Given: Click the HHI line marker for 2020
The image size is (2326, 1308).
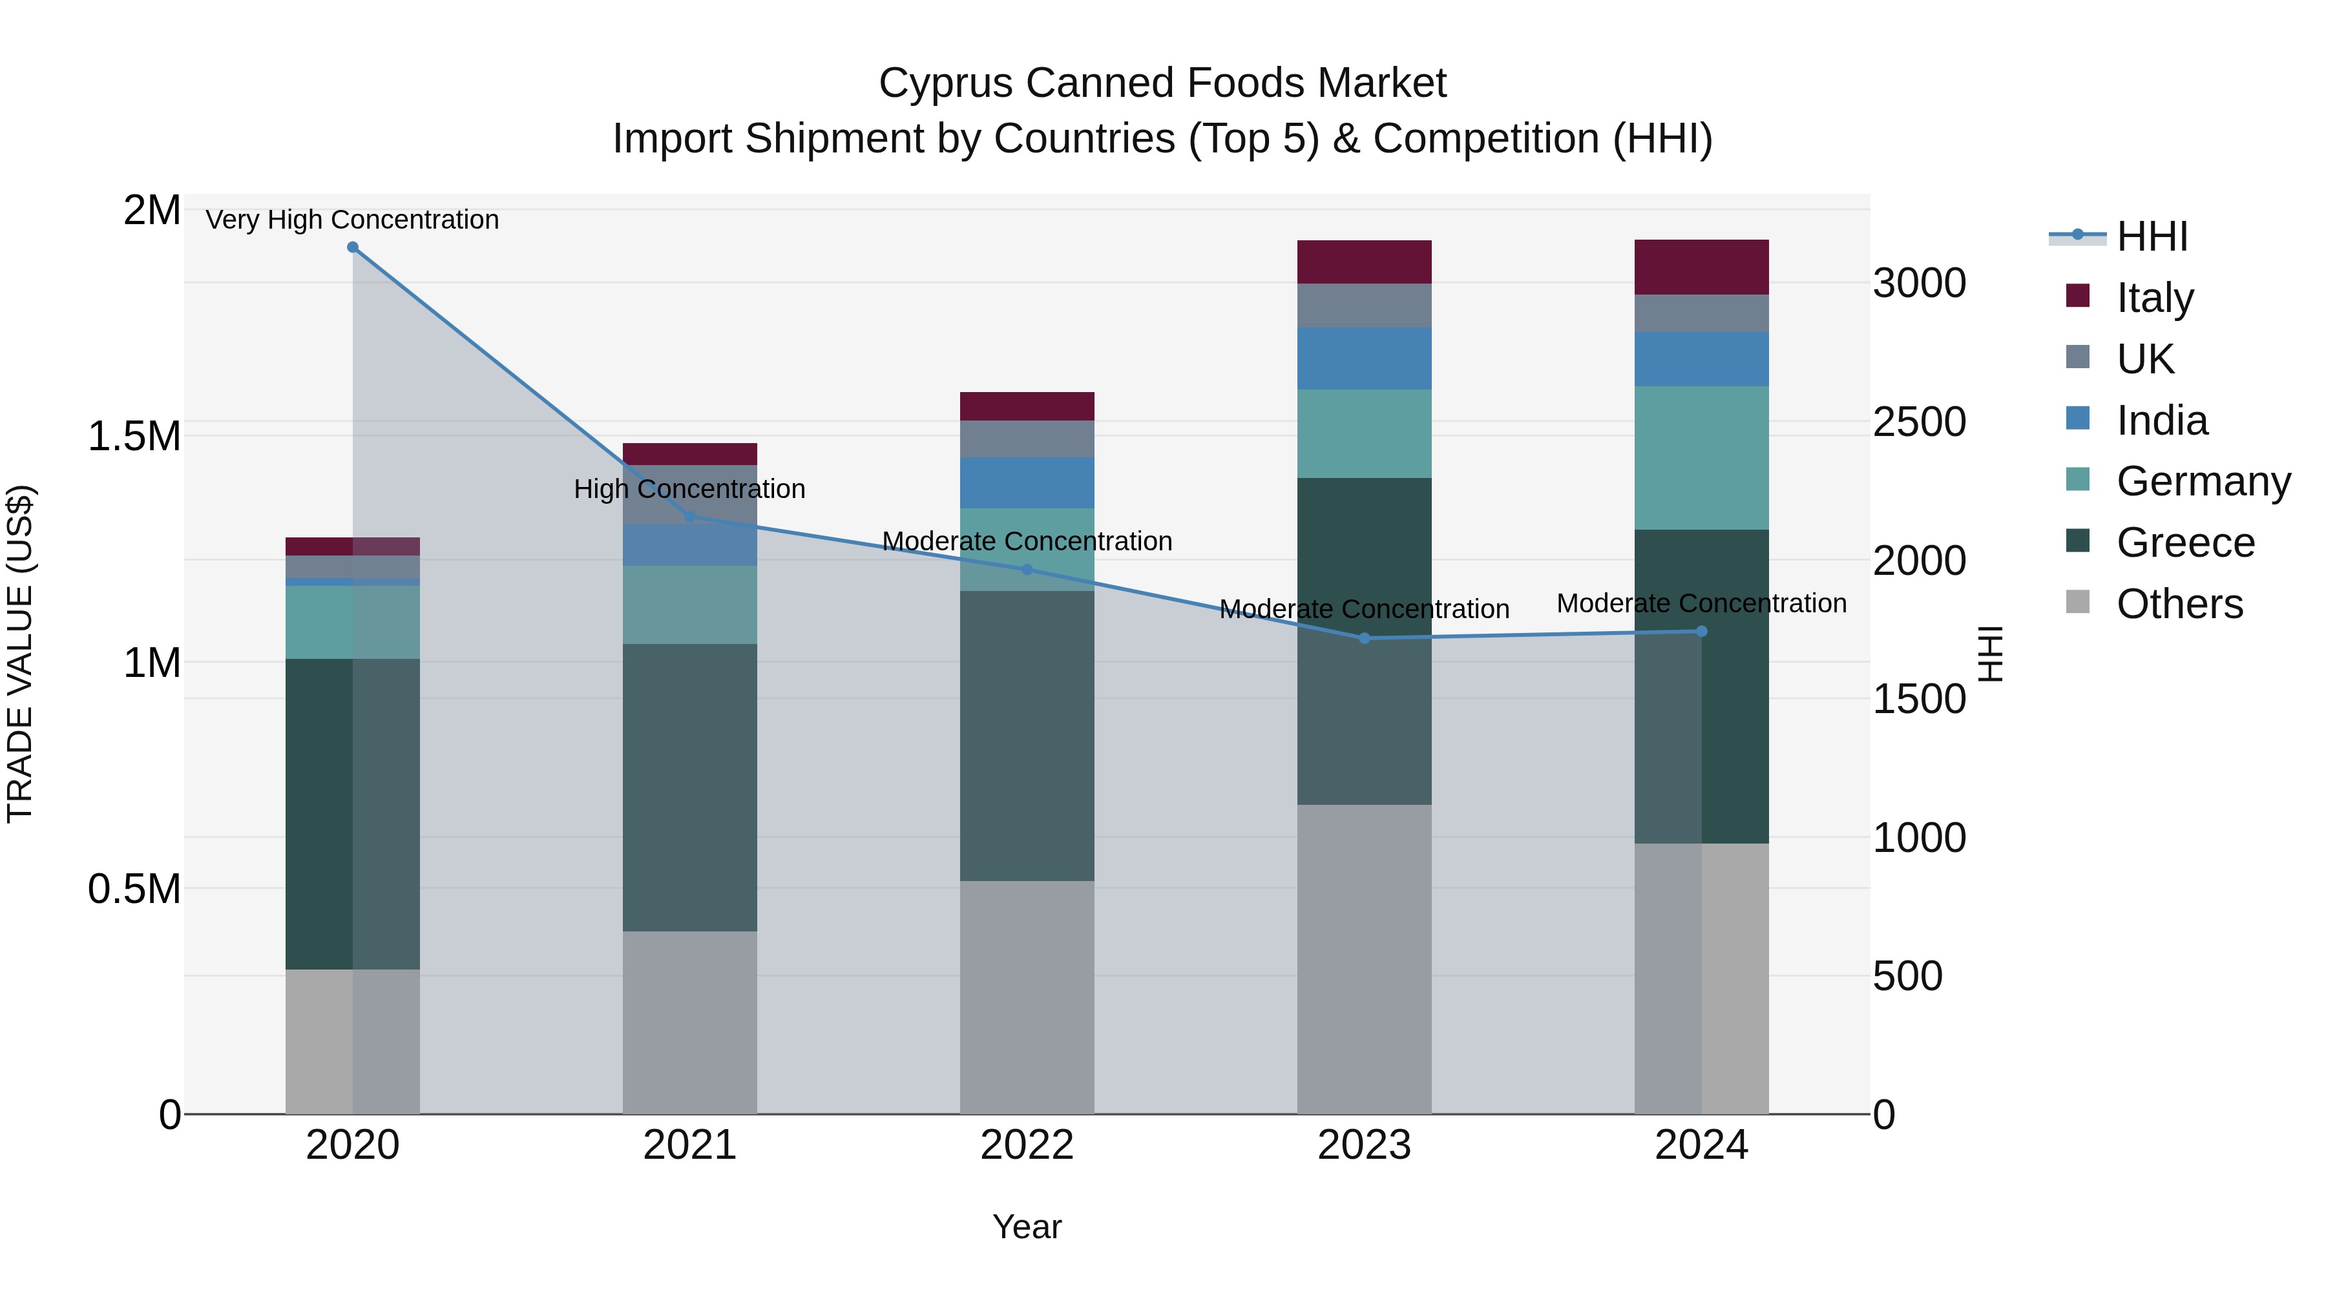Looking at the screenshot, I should [353, 247].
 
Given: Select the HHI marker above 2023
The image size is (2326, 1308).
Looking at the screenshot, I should [1365, 638].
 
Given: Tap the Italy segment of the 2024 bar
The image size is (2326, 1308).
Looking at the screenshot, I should [1701, 267].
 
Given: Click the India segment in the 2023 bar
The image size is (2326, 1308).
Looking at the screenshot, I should [1365, 358].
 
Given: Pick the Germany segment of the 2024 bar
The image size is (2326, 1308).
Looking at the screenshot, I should [1701, 458].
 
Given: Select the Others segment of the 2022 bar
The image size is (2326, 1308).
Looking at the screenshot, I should [1027, 997].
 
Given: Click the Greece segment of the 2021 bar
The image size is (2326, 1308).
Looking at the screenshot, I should [690, 787].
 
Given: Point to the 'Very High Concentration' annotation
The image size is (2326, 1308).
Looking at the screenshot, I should [352, 220].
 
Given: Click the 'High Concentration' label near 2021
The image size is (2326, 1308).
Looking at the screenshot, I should [690, 489].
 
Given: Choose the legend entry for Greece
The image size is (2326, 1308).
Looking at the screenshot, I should [2185, 543].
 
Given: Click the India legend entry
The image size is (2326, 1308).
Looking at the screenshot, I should [2162, 420].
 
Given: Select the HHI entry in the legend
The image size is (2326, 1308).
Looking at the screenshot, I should [2152, 236].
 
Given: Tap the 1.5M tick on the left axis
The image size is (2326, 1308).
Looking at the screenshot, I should [134, 437].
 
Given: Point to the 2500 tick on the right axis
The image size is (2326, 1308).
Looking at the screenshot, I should [1919, 422].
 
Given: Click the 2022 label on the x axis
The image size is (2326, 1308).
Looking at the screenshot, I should [1027, 1145].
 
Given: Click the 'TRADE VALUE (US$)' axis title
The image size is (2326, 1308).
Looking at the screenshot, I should [20, 654].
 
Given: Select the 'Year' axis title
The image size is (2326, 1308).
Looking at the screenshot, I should [1027, 1227].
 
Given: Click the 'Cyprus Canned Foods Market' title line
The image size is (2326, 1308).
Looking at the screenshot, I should [1162, 83].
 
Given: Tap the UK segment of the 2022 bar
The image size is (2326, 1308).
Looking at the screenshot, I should [1027, 439].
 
